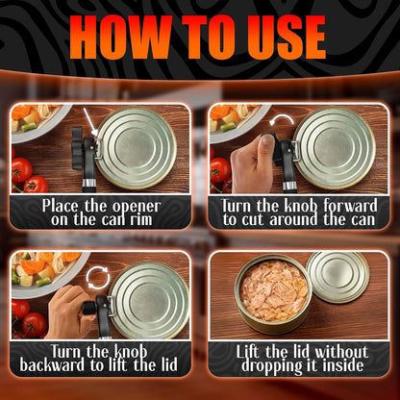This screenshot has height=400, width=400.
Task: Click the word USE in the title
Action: [x=284, y=37]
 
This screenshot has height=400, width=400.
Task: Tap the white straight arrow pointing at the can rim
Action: [x=90, y=122]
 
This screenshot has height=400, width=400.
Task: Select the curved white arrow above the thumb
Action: [x=282, y=120]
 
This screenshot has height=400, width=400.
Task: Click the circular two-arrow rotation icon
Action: [x=98, y=278]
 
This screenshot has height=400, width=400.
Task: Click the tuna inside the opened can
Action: [x=273, y=290]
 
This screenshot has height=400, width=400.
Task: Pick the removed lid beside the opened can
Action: [x=337, y=277]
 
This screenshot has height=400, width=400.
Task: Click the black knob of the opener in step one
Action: [x=77, y=148]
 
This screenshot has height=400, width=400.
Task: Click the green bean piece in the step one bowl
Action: [x=29, y=127]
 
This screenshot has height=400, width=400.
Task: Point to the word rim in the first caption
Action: [x=141, y=220]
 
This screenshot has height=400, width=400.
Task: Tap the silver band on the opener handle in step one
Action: [x=88, y=183]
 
